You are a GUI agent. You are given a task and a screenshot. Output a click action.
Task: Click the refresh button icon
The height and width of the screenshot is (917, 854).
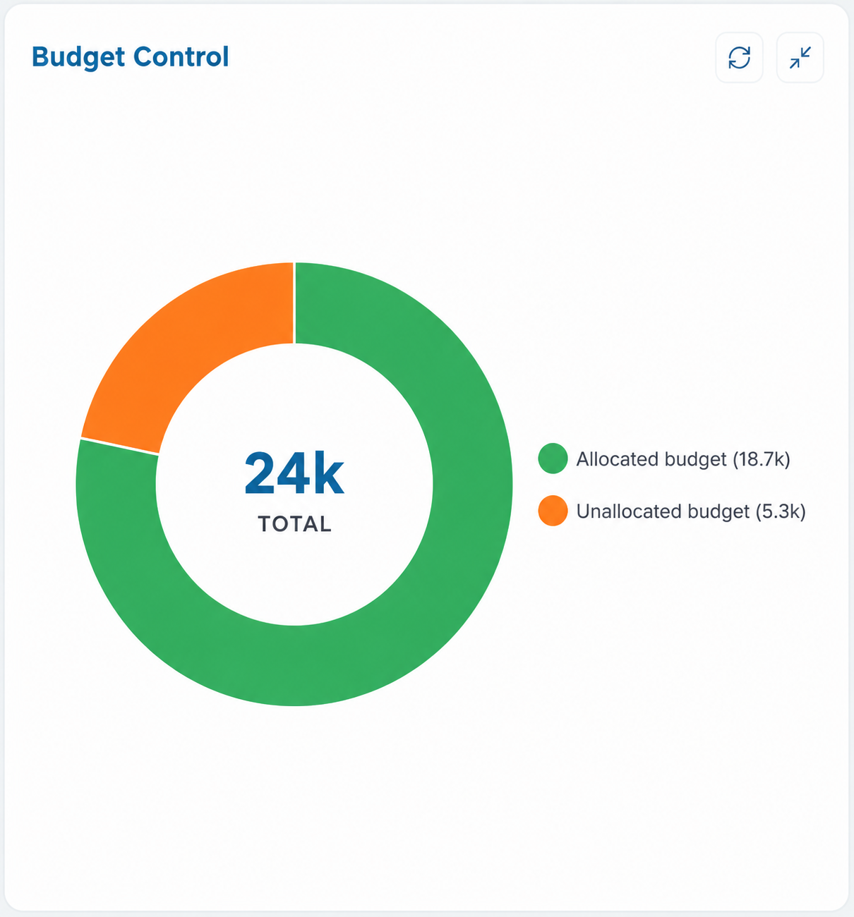739,58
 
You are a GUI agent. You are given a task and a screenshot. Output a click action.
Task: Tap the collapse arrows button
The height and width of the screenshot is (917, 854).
800,58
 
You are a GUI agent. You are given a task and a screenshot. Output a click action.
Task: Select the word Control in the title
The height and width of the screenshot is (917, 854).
181,57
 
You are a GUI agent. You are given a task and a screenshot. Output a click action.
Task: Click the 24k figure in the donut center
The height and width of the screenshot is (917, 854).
294,474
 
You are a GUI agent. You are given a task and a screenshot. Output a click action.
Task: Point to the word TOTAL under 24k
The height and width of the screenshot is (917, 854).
294,524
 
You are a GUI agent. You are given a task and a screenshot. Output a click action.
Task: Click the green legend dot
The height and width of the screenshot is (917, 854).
553,458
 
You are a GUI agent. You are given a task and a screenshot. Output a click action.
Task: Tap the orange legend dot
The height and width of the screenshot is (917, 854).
553,511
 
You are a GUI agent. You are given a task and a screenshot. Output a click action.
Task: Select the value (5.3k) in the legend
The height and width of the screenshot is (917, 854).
781,511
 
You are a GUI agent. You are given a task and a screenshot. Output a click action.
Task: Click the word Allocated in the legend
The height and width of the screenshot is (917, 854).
618,459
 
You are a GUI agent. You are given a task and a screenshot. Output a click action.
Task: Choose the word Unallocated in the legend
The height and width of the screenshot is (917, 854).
629,511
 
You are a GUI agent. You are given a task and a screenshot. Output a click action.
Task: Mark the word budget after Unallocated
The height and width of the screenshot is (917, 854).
718,512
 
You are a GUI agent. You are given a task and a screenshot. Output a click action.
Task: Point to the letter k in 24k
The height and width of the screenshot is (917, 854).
329,473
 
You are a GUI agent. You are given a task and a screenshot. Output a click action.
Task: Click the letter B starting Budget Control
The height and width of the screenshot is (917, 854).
41,57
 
